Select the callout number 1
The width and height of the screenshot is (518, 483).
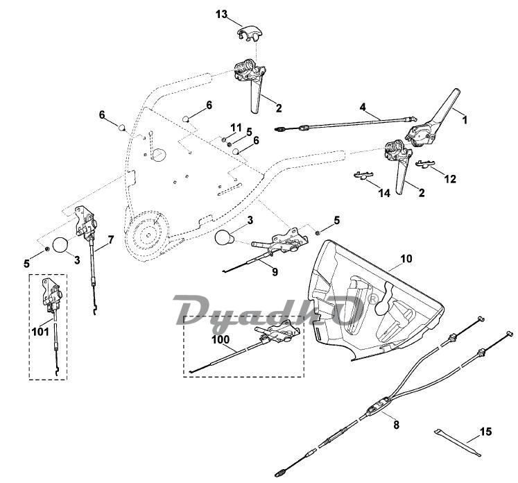tap(464, 119)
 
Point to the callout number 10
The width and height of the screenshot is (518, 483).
tap(406, 258)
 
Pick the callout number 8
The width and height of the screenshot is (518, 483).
tap(396, 421)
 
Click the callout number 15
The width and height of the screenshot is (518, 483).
tap(485, 432)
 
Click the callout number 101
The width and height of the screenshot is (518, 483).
tap(40, 332)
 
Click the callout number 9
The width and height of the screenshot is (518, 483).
tap(275, 272)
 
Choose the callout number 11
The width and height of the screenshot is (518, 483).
tap(237, 127)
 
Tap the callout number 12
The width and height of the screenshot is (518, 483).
tap(450, 178)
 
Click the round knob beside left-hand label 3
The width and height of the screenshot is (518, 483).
tap(61, 246)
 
